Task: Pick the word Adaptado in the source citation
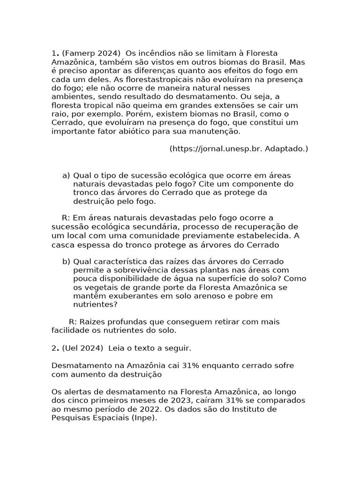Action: pos(285,149)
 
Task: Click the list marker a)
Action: pos(66,175)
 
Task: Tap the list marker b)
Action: pos(66,262)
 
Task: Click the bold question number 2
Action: pos(54,348)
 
